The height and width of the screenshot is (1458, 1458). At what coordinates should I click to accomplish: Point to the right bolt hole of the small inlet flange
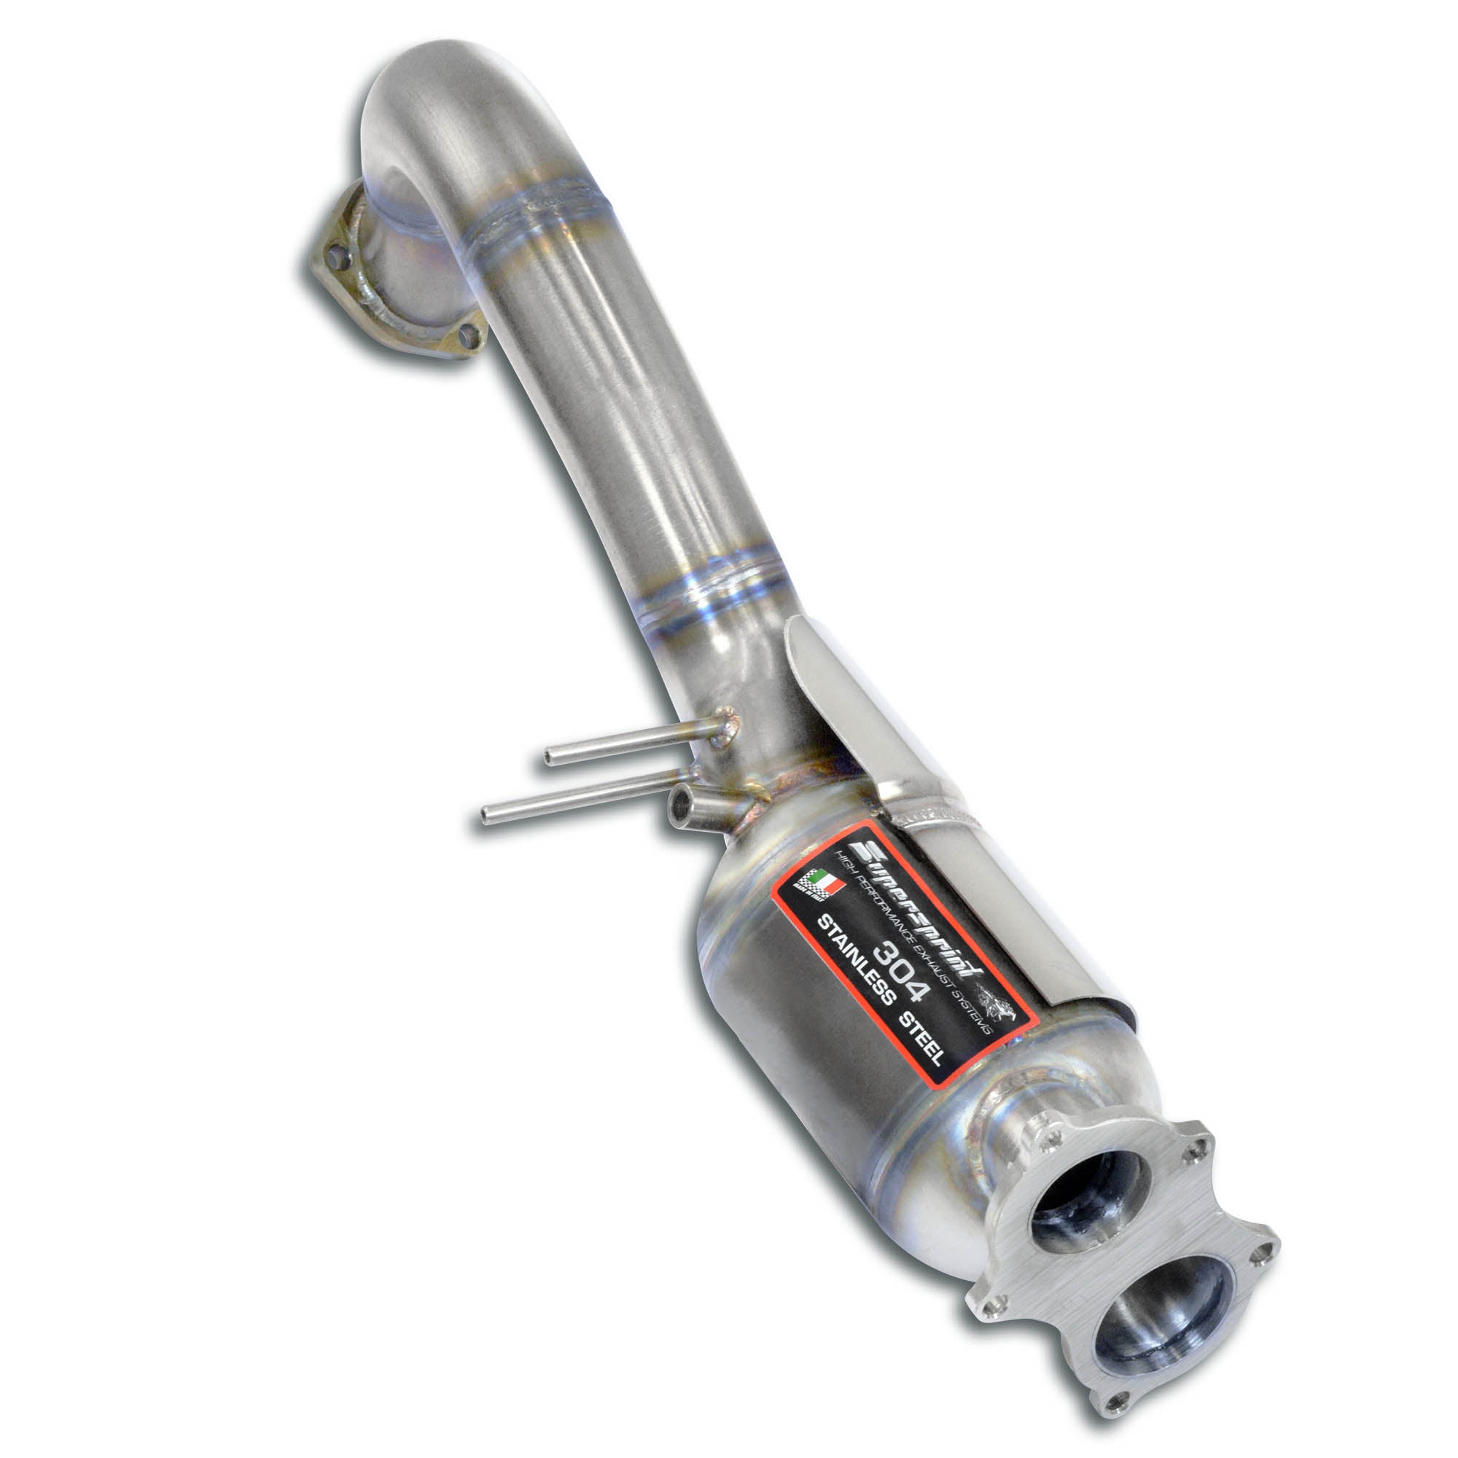pyautogui.click(x=468, y=352)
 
